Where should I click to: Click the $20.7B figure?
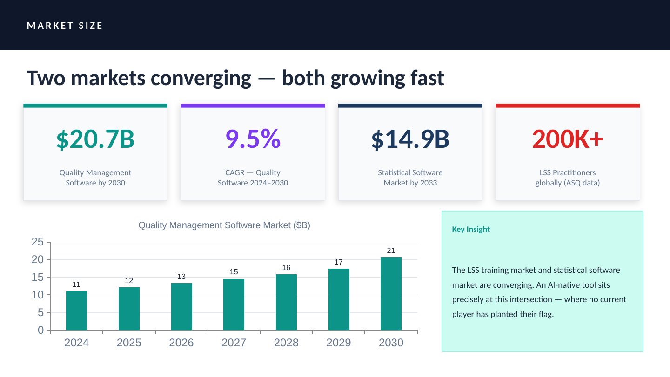point(95,139)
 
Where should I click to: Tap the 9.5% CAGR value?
point(253,139)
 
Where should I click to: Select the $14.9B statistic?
point(410,139)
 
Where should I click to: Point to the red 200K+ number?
point(568,139)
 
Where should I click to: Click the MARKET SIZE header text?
point(65,26)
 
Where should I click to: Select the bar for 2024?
point(76,311)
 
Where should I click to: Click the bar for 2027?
point(234,304)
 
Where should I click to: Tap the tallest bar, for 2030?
point(391,293)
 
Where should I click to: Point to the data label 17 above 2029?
point(339,262)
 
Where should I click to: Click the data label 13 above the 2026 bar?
point(181,277)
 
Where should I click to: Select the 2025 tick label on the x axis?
point(129,343)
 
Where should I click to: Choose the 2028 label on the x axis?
point(286,343)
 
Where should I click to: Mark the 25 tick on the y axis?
point(38,242)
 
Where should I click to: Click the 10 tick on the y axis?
point(38,295)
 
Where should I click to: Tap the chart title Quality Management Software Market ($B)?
point(224,225)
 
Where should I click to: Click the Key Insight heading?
point(471,229)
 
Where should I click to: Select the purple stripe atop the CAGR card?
point(253,106)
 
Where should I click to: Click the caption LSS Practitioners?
point(568,172)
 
